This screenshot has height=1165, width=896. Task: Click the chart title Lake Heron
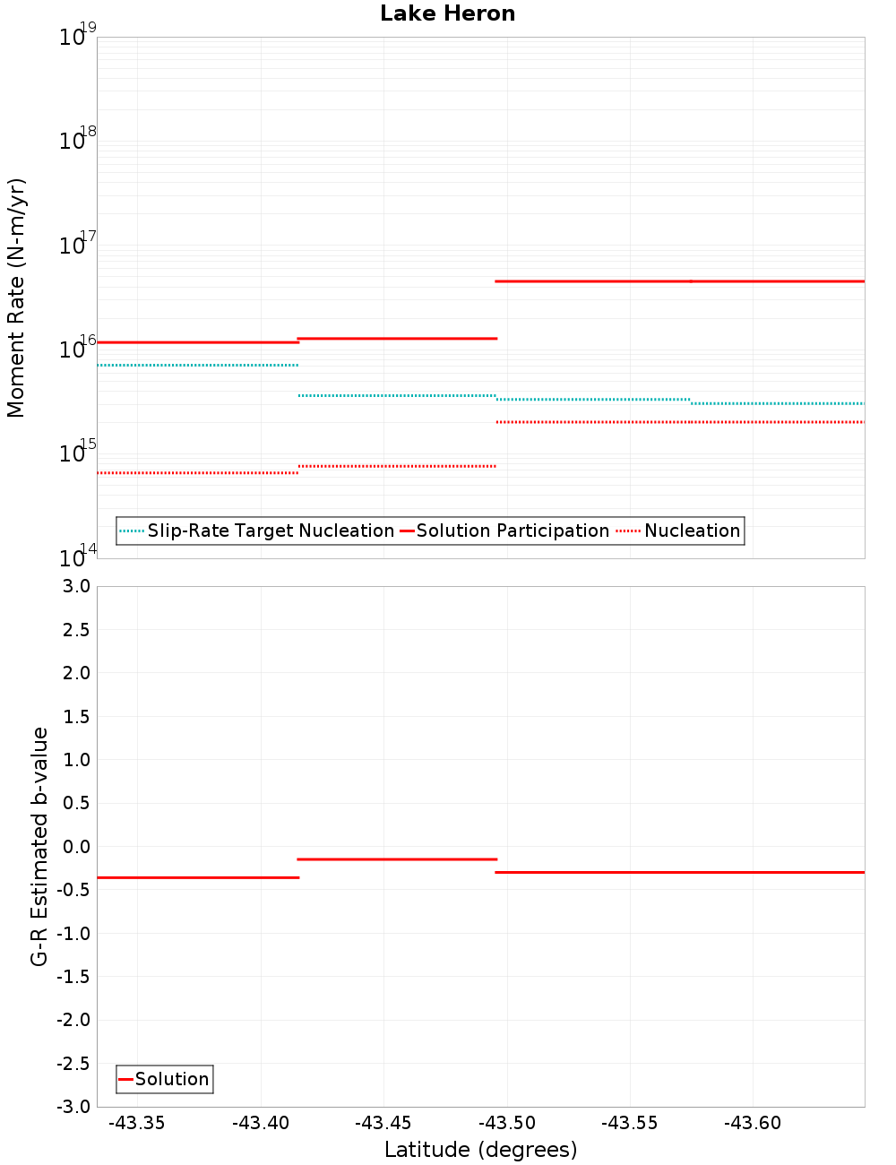[x=447, y=13]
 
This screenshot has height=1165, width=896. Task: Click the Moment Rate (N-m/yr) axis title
[x=16, y=298]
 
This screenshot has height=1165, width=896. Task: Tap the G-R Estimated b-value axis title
[x=39, y=846]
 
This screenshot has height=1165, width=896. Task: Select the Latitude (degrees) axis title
[x=480, y=1150]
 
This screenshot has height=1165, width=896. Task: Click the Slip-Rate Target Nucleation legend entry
[x=270, y=531]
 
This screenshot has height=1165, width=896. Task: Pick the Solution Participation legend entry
[x=512, y=531]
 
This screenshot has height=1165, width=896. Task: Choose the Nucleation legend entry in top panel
[x=692, y=531]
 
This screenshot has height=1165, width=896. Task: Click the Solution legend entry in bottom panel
[x=171, y=1079]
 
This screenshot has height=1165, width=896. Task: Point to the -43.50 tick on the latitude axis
[x=507, y=1123]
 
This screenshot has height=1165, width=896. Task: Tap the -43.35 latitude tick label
[x=137, y=1123]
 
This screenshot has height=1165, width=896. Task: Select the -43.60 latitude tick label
[x=753, y=1123]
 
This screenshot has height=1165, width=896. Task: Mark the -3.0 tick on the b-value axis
[x=73, y=1107]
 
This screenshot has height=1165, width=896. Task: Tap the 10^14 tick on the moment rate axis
[x=72, y=557]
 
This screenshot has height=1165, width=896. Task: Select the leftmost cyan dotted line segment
[x=197, y=365]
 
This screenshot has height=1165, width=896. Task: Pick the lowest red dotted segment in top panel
[x=197, y=472]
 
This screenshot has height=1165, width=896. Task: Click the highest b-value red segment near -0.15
[x=396, y=859]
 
